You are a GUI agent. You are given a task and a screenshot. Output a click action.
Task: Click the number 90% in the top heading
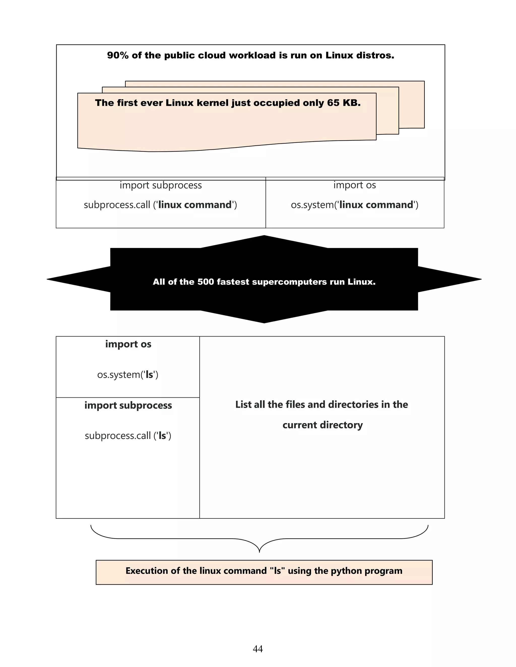click(x=118, y=55)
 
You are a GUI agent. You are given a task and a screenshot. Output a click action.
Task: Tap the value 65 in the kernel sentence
click(x=333, y=103)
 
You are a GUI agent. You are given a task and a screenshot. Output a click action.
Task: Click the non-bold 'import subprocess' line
click(x=160, y=185)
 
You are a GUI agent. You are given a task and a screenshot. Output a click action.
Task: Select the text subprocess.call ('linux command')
click(x=160, y=205)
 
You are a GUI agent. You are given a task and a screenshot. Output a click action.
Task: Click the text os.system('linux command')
click(x=354, y=205)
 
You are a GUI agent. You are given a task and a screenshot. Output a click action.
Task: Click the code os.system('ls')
click(x=128, y=375)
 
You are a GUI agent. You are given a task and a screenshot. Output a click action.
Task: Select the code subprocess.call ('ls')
click(x=128, y=435)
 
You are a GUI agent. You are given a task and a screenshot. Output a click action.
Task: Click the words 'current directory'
click(x=322, y=425)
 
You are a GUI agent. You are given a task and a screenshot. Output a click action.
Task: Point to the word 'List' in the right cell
click(x=243, y=404)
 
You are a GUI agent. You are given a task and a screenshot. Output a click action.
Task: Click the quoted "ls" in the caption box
click(x=277, y=571)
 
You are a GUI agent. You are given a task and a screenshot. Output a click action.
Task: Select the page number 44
click(x=258, y=649)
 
